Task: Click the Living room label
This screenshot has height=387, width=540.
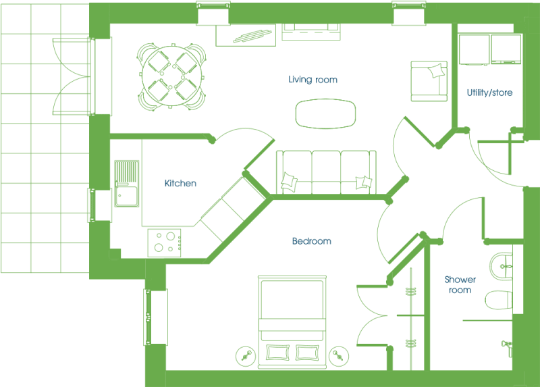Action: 313,80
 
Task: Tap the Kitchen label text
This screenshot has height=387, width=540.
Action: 180,183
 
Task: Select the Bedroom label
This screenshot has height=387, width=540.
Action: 312,241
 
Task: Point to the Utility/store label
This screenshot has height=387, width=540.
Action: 489,93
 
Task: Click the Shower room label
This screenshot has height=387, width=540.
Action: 460,284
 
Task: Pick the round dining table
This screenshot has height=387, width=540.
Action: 171,76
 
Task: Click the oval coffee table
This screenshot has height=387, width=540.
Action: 325,113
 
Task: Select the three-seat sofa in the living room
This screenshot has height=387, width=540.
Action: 326,172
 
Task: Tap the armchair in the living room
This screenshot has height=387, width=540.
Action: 429,81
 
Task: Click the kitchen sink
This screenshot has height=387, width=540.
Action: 127,184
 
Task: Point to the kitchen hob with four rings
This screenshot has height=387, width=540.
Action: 164,243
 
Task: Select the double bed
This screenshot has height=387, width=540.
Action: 292,321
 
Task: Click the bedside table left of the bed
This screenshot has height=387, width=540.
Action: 246,356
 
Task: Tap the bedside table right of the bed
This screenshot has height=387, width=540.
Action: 339,356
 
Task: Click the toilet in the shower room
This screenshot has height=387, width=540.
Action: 499,300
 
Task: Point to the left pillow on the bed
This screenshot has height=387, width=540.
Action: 277,353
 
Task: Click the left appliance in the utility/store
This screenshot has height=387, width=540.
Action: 475,50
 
